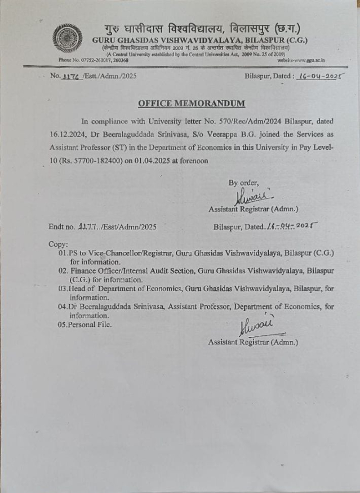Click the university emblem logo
pyautogui.click(x=67, y=39)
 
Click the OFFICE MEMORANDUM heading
pyautogui.click(x=192, y=103)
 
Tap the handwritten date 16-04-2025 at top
pyautogui.click(x=321, y=75)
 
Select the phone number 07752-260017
pyautogui.click(x=90, y=60)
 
